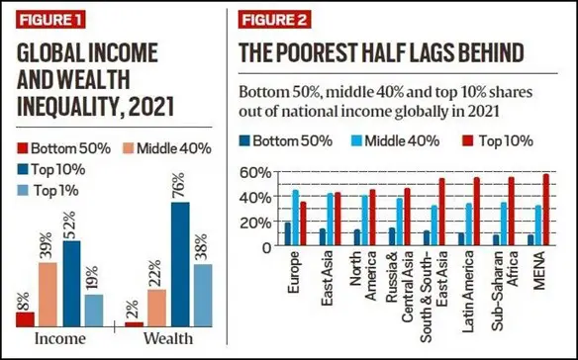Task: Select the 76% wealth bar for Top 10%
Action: (x=180, y=264)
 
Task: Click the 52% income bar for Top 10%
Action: (x=72, y=283)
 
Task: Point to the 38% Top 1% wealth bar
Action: (x=203, y=295)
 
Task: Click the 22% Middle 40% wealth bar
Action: (x=156, y=308)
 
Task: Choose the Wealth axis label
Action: (x=167, y=340)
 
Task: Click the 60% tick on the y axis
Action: (x=257, y=173)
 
